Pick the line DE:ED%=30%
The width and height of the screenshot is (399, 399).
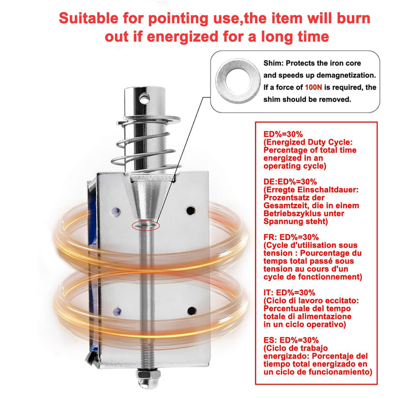pos(290,181)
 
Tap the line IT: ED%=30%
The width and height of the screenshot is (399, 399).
pos(289,292)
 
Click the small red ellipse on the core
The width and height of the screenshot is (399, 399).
pos(145,225)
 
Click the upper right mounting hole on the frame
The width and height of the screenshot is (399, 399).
pos(191,210)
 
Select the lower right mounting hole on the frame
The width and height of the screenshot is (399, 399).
pos(191,310)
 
